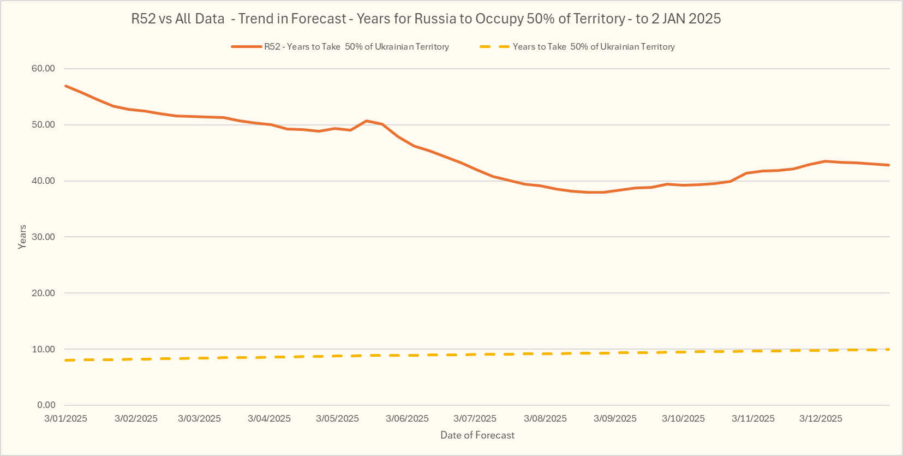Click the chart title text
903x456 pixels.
click(426, 19)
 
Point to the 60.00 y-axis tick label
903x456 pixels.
click(44, 69)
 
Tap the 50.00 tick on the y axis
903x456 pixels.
click(44, 125)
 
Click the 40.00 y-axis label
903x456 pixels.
click(44, 181)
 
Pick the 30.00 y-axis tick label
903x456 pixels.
click(44, 237)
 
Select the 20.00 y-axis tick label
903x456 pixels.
click(44, 293)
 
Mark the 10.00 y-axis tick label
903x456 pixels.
click(44, 350)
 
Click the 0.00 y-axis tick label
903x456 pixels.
click(46, 405)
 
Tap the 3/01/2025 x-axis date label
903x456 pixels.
click(65, 419)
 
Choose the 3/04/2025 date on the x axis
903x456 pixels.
click(269, 419)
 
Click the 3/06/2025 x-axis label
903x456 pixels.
click(407, 419)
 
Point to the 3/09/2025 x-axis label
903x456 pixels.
click(615, 419)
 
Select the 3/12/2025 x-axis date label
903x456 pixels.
click(821, 419)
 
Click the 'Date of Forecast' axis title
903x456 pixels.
click(477, 435)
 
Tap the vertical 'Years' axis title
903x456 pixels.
click(22, 237)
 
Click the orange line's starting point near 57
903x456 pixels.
click(65, 86)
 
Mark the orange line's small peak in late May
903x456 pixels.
click(366, 121)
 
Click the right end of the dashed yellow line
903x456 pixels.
click(888, 350)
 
